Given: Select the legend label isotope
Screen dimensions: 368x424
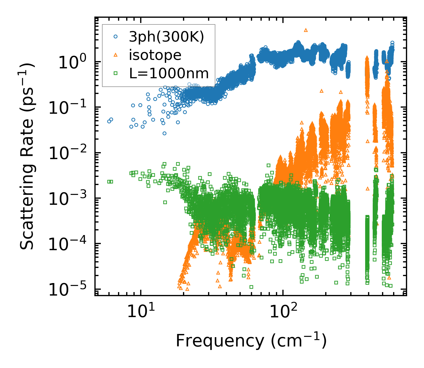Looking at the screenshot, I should (155, 55).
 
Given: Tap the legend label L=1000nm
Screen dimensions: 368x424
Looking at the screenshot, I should (169, 74).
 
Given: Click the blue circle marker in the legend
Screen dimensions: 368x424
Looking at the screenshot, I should (116, 37).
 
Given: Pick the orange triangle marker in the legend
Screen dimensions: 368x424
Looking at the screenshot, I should (116, 55).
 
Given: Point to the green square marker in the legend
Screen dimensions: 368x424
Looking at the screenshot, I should (116, 73).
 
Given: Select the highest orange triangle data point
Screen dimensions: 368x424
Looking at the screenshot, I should (306, 30).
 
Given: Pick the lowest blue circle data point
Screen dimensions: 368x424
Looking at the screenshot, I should (164, 133).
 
